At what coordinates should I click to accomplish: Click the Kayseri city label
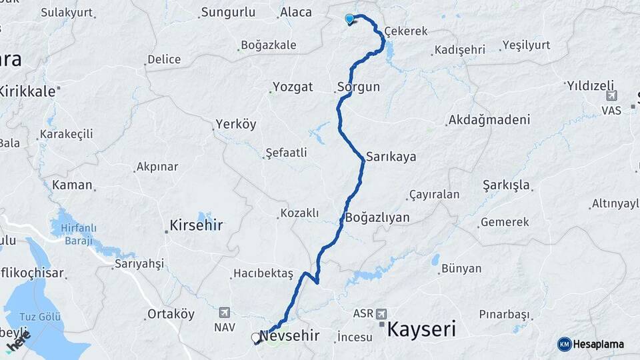point(421,329)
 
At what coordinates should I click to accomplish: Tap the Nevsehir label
point(291,335)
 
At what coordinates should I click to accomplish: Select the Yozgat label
point(293,87)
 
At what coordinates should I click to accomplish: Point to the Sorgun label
point(358,87)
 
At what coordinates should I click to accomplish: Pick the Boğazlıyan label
point(377,218)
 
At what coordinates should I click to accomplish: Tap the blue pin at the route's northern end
point(349,19)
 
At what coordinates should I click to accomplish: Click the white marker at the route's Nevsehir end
point(256,338)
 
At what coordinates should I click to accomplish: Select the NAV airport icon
point(224,312)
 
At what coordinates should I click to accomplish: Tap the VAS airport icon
point(611,97)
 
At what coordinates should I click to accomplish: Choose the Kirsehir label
point(196,226)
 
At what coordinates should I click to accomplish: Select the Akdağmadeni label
point(489,120)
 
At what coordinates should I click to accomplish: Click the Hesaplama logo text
point(598,344)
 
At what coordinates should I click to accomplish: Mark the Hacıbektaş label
point(263,274)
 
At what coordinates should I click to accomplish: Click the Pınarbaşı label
point(505,314)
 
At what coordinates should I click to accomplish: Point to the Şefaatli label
point(286,153)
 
